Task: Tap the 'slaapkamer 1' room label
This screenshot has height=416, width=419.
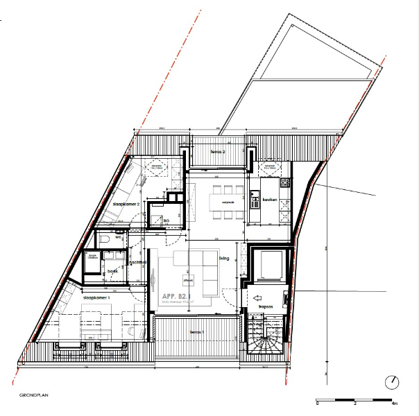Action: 96,297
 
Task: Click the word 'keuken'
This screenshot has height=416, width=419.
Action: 269,200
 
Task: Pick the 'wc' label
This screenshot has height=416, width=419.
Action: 119,237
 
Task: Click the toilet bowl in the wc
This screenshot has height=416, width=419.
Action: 103,239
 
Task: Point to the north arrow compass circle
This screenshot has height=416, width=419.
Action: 393,382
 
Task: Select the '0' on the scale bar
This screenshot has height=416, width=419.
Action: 317,402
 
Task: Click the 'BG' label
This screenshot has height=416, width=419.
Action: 166,223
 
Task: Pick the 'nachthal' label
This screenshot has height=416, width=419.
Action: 137,262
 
